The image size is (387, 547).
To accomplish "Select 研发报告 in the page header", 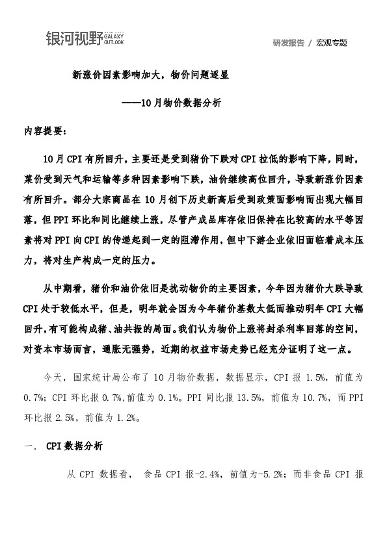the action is coord(288,43).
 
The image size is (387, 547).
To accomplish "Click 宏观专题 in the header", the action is coord(332,43).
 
